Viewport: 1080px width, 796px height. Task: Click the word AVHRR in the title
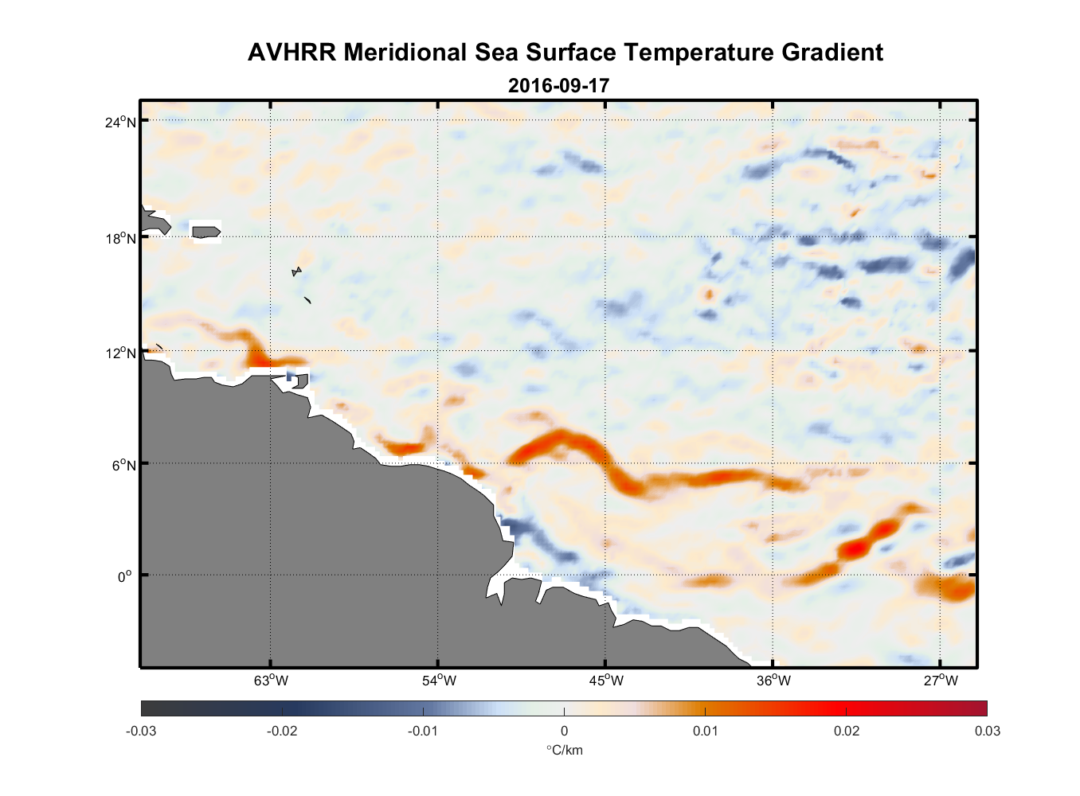pyautogui.click(x=292, y=53)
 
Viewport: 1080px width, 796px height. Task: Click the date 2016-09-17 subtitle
pyautogui.click(x=558, y=85)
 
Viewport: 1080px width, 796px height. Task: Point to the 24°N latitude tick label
pyautogui.click(x=122, y=122)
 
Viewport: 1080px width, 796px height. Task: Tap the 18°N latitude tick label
pyautogui.click(x=122, y=238)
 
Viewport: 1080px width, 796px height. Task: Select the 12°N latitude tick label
pyautogui.click(x=122, y=353)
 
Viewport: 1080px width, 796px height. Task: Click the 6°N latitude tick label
pyautogui.click(x=124, y=465)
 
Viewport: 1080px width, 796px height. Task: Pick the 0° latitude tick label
pyautogui.click(x=125, y=577)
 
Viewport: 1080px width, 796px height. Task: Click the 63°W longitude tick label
pyautogui.click(x=271, y=681)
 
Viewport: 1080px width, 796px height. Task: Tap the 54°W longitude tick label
pyautogui.click(x=439, y=681)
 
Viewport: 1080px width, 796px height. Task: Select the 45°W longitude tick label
pyautogui.click(x=606, y=681)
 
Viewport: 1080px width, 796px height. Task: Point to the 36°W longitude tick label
pyautogui.click(x=773, y=681)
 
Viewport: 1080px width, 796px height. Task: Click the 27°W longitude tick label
pyautogui.click(x=941, y=681)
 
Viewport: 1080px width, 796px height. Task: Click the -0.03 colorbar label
pyautogui.click(x=141, y=731)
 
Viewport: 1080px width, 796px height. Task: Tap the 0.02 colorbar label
pyautogui.click(x=846, y=731)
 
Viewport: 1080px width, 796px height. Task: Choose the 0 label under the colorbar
pyautogui.click(x=564, y=731)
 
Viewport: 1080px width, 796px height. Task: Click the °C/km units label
pyautogui.click(x=564, y=750)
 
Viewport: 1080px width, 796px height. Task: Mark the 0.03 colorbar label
pyautogui.click(x=987, y=731)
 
